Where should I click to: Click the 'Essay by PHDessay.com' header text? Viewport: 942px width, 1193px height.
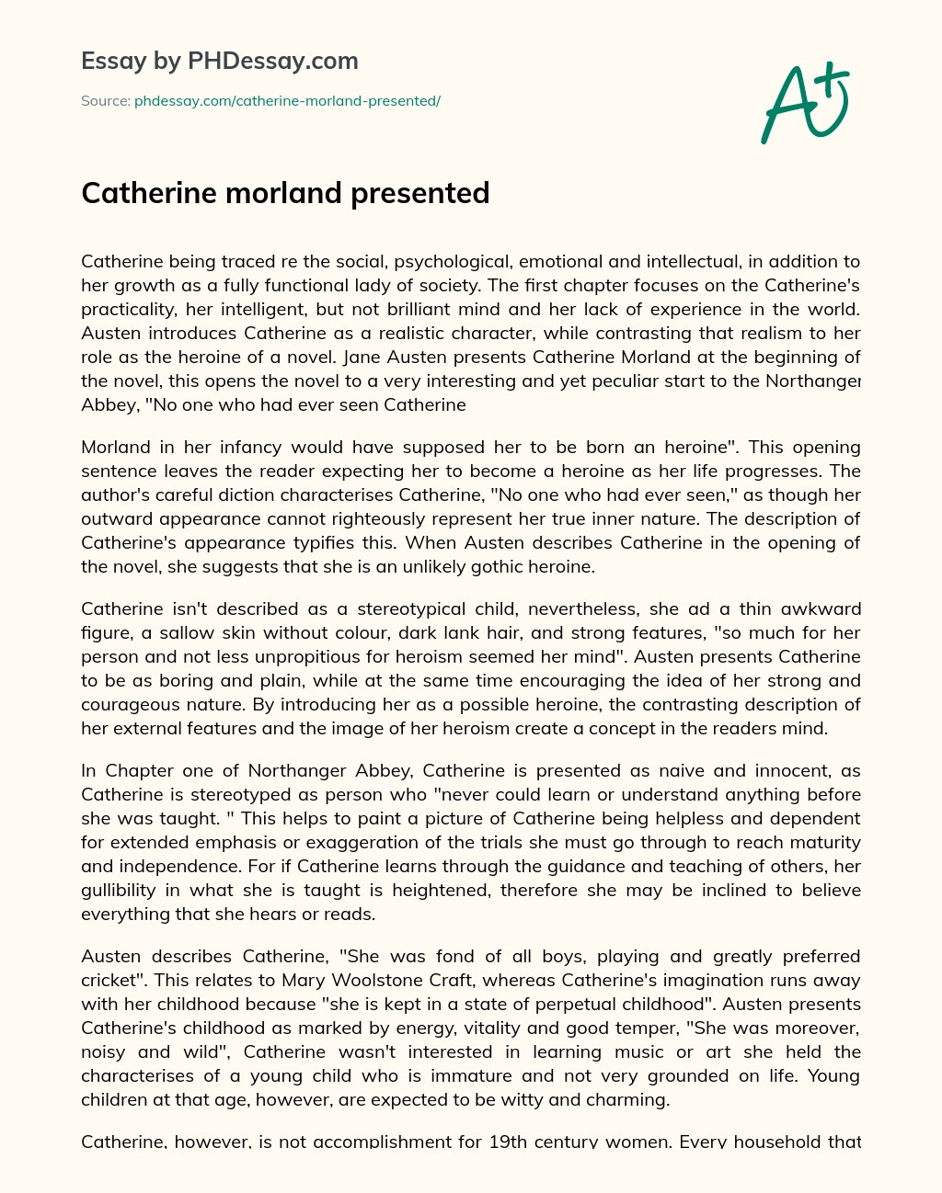pyautogui.click(x=220, y=62)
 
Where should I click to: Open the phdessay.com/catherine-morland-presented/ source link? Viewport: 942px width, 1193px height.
pyautogui.click(x=287, y=101)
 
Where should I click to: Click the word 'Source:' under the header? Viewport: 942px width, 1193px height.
pyautogui.click(x=105, y=101)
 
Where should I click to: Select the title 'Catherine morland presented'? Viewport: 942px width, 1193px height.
pyautogui.click(x=285, y=193)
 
